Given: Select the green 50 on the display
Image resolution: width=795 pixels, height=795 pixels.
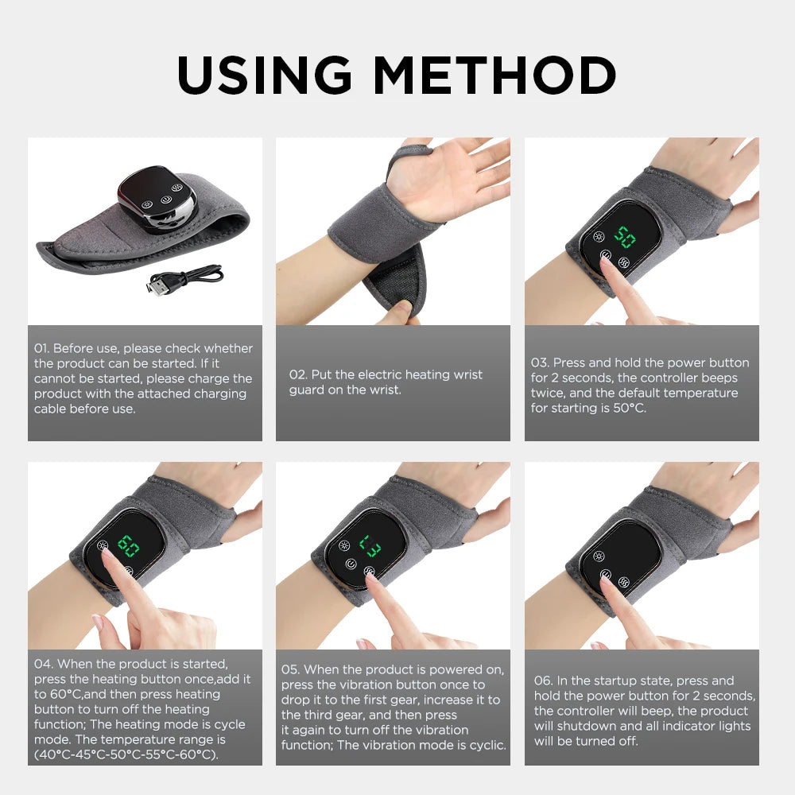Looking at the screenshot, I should [625, 237].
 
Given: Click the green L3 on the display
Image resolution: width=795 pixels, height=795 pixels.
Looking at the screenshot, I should [370, 545].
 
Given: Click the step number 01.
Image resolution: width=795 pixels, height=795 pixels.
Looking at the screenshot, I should [41, 348].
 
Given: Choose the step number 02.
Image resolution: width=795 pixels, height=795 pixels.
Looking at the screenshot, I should [297, 374].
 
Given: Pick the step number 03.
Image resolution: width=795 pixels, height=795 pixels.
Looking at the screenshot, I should [540, 363].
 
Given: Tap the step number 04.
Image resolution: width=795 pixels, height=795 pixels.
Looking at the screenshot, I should [43, 664].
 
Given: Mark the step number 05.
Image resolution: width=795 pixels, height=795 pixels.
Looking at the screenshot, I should [290, 670].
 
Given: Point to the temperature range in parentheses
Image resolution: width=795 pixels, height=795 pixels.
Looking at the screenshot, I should [126, 754].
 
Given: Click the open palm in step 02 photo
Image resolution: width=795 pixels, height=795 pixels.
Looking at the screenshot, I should [453, 179].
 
